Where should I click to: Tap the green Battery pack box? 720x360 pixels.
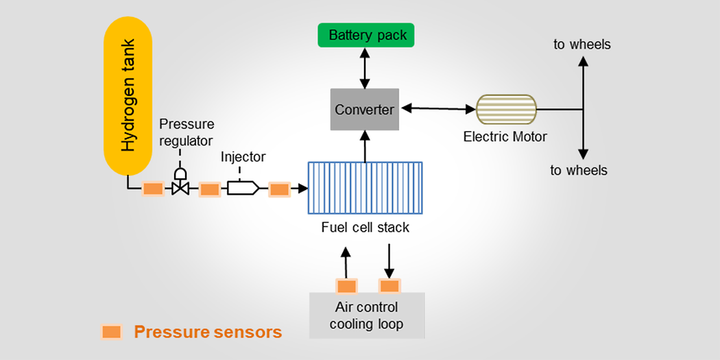[x=367, y=36]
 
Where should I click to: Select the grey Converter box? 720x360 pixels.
[x=365, y=109]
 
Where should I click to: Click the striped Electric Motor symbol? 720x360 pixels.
[x=506, y=109]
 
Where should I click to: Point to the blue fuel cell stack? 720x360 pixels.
[x=365, y=189]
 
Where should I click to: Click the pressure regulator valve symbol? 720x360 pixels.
[x=180, y=184]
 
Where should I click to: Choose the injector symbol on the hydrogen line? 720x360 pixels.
[x=243, y=187]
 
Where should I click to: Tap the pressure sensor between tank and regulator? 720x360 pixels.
[x=152, y=189]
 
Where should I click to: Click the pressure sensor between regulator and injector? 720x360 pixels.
[x=208, y=189]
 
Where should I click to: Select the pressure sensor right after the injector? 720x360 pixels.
[x=279, y=189]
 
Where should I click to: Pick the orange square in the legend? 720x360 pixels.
[x=110, y=333]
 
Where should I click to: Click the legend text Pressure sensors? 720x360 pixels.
[x=208, y=333]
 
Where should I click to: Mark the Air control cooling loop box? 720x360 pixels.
[x=366, y=315]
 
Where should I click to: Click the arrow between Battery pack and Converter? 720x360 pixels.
[x=365, y=68]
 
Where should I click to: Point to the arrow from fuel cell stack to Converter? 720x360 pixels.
[x=365, y=145]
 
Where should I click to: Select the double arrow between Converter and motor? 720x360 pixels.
[x=438, y=108]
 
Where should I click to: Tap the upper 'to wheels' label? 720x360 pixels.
[x=581, y=45]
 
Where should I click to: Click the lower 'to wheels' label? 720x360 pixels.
[x=579, y=170]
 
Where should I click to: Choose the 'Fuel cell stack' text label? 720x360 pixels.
[x=365, y=227]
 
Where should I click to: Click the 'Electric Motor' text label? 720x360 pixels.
[x=505, y=136]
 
